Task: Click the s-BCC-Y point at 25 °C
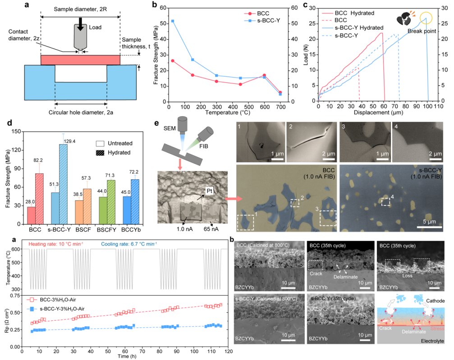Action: click(x=173, y=21)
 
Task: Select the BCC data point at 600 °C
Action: click(x=264, y=75)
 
